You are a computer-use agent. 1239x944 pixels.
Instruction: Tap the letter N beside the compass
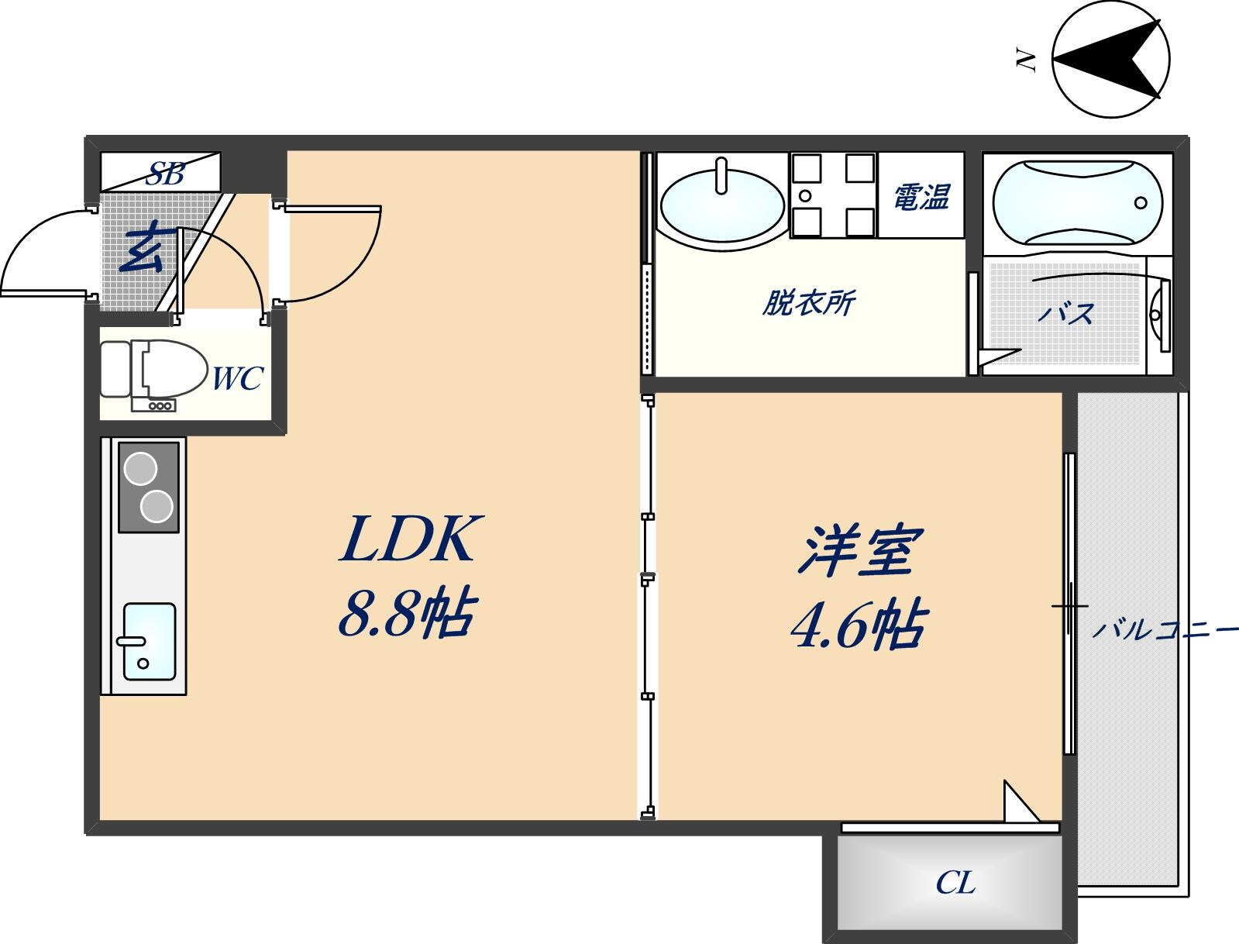[x=1027, y=60]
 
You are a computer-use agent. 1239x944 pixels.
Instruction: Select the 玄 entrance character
[x=143, y=247]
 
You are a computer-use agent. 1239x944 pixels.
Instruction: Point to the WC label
[x=237, y=379]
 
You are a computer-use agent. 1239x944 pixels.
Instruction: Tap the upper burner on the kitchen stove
[x=141, y=469]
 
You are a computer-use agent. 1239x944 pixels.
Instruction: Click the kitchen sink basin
[x=149, y=642]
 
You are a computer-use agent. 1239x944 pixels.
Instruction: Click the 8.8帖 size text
[x=405, y=612]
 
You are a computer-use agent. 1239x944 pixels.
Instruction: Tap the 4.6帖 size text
[x=858, y=626]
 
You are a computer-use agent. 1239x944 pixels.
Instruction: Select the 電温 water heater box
[x=921, y=195]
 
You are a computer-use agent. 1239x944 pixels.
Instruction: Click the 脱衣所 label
[x=808, y=302]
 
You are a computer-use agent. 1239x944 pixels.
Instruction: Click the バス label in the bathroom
[x=1066, y=314]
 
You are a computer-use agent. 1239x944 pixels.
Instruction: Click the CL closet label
[x=955, y=882]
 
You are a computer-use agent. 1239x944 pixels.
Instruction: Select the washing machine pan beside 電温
[x=833, y=195]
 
